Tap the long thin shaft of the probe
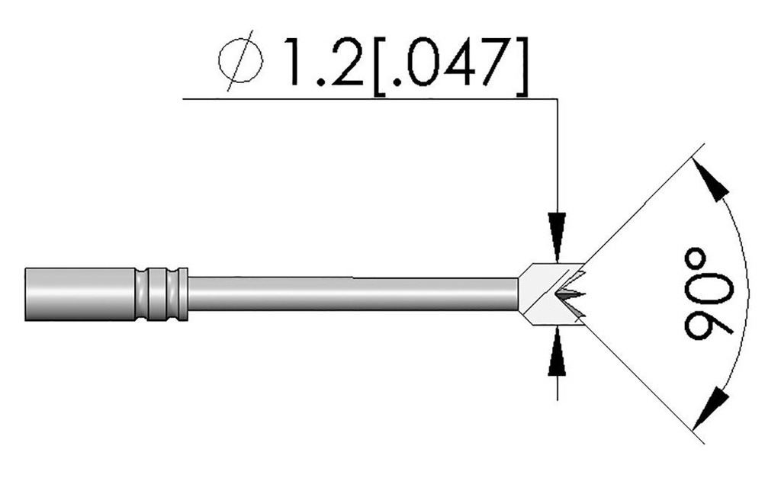pos(351,294)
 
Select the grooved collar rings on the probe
pos(161,294)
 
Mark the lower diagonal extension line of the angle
pos(641,381)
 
